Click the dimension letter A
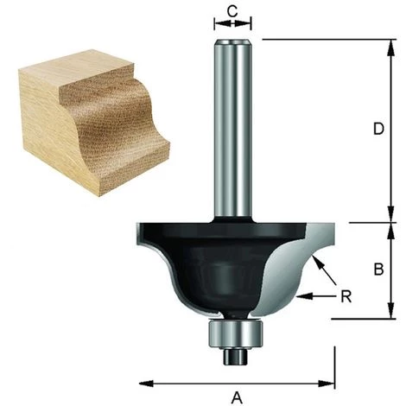(236, 396)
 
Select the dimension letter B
(377, 269)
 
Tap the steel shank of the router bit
(231, 130)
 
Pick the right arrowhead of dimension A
(328, 381)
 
